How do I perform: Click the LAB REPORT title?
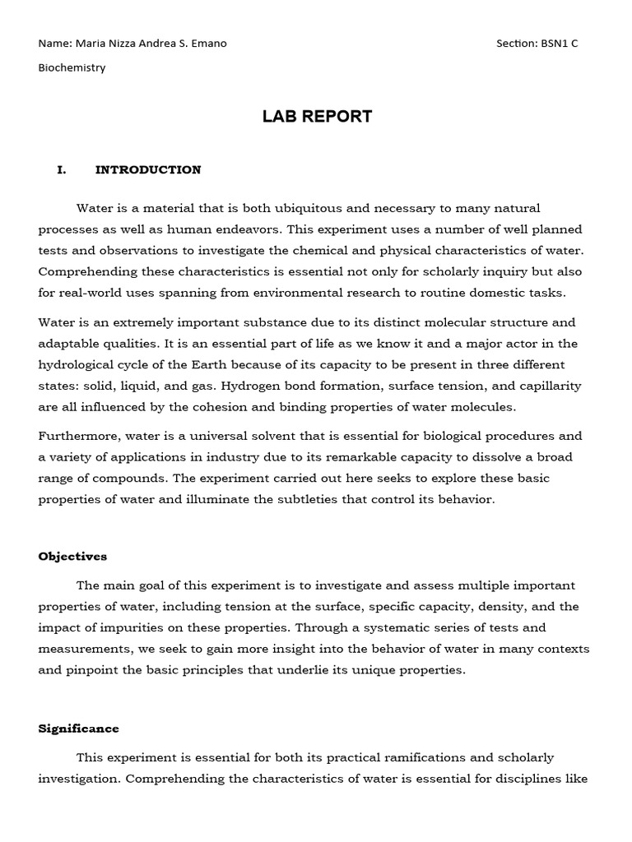pos(317,117)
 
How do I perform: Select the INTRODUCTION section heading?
pos(148,170)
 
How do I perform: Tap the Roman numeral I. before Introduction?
pos(61,170)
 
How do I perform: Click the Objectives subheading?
pos(72,557)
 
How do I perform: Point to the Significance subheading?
pos(78,729)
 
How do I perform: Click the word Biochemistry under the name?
pos(72,67)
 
